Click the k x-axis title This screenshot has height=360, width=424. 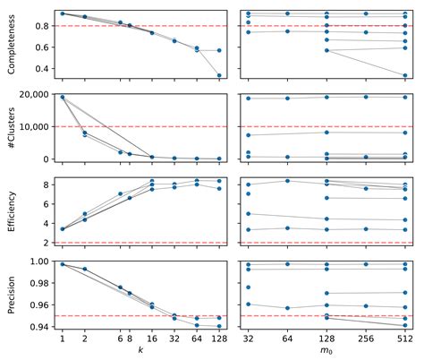pyautogui.click(x=140, y=352)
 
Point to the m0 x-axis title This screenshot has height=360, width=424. pyautogui.click(x=328, y=352)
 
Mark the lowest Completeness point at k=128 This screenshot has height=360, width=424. pyautogui.click(x=219, y=76)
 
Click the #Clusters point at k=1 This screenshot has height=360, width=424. pyautogui.click(x=62, y=97)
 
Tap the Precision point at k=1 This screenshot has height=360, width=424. pyautogui.click(x=62, y=264)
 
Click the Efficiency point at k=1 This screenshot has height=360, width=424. pyautogui.click(x=62, y=229)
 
